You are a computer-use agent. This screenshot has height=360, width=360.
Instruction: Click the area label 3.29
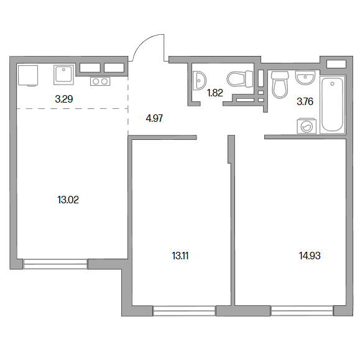click(64, 99)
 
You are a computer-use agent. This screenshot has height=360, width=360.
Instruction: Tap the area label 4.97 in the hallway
click(154, 119)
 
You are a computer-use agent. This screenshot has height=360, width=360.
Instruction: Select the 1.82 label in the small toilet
click(215, 93)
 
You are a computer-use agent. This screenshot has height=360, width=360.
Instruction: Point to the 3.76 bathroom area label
click(305, 101)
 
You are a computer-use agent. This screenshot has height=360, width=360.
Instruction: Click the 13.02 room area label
click(68, 200)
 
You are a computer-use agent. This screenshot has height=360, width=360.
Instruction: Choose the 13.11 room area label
click(180, 256)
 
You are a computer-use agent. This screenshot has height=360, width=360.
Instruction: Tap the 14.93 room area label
click(310, 256)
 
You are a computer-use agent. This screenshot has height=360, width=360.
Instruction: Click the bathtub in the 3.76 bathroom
click(333, 104)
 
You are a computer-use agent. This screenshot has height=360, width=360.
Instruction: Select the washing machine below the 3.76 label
click(307, 126)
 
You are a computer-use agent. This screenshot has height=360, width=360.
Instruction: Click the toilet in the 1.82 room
click(240, 79)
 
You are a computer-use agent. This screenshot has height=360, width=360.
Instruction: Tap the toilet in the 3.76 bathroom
click(280, 85)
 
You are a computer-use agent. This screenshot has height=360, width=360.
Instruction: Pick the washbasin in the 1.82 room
click(200, 81)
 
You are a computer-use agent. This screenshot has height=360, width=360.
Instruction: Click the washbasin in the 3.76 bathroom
click(305, 77)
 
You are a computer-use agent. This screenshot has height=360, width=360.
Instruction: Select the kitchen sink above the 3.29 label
click(64, 75)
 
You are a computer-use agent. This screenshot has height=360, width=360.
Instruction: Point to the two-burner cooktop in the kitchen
click(100, 81)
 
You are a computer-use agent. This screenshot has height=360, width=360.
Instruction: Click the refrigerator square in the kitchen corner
click(28, 75)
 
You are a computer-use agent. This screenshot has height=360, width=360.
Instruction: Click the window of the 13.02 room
click(55, 264)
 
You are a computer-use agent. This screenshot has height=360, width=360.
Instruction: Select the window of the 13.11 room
click(185, 311)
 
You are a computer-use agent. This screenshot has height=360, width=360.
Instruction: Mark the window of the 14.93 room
click(302, 311)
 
